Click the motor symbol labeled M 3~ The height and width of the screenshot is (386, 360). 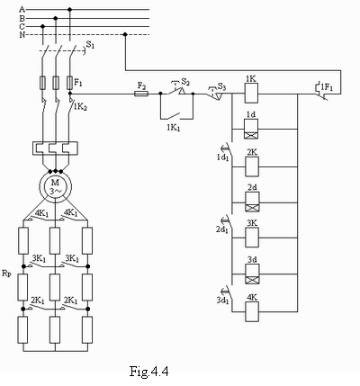56,186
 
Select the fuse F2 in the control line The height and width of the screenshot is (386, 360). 141,94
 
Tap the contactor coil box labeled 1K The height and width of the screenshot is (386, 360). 251,94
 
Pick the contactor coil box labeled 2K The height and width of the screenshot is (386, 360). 252,166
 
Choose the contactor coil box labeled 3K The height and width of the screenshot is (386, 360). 252,238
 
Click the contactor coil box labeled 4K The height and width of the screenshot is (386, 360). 252,311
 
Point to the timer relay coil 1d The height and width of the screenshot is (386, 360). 251,130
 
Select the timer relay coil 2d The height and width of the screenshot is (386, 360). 252,202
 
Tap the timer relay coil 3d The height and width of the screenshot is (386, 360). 252,274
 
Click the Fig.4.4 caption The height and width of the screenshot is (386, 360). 148,372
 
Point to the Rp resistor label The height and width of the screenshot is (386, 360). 6,274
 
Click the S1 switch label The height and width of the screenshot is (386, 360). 90,45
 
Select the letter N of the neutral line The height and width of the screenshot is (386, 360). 22,35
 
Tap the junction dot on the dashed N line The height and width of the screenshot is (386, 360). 125,34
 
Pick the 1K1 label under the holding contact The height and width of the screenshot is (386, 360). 174,128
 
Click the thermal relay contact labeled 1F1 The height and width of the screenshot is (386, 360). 322,90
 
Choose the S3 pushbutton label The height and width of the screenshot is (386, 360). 221,86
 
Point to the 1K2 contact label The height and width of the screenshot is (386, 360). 80,107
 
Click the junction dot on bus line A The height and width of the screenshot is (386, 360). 70,10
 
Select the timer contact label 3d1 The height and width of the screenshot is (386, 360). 222,301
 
